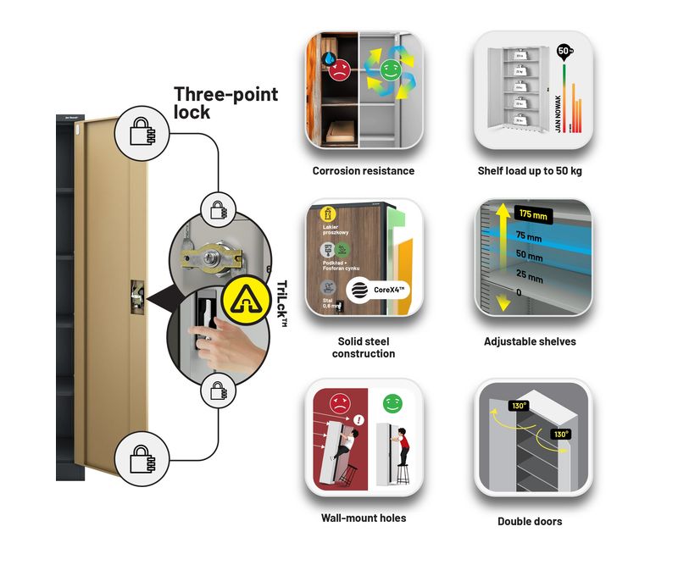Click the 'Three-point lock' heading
click(x=225, y=102)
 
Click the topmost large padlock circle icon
click(x=141, y=130)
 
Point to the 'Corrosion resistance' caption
click(x=364, y=171)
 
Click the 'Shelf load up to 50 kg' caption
click(x=530, y=171)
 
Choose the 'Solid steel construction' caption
click(x=364, y=347)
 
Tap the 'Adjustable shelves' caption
click(x=530, y=341)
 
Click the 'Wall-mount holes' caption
click(x=364, y=518)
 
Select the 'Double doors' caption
click(x=530, y=521)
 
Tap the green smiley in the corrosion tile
click(x=390, y=68)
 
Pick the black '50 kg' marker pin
click(x=564, y=52)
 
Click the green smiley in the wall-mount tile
click(x=392, y=403)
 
